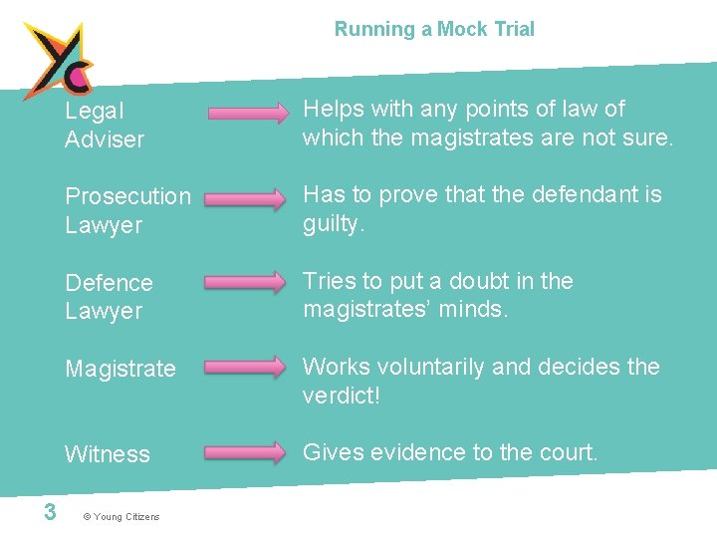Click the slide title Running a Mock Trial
434,29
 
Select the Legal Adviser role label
105,125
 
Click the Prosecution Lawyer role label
127,210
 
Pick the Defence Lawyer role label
109,296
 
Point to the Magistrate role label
120,369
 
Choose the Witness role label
108,454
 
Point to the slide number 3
49,512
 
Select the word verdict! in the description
342,396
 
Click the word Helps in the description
332,109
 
